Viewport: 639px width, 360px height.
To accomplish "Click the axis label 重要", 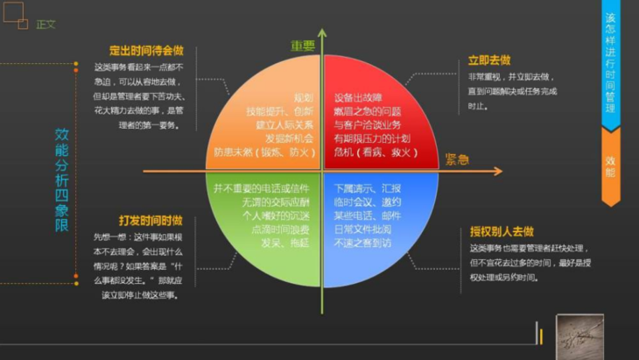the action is pyautogui.click(x=303, y=45).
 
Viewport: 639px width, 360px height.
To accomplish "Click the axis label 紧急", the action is pyautogui.click(x=456, y=159).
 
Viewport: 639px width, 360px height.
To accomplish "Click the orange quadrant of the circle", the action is pyautogui.click(x=263, y=105).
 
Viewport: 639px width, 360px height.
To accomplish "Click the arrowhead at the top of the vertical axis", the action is pyautogui.click(x=322, y=33).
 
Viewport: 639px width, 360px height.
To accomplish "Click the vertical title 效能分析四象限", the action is pyautogui.click(x=61, y=180).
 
